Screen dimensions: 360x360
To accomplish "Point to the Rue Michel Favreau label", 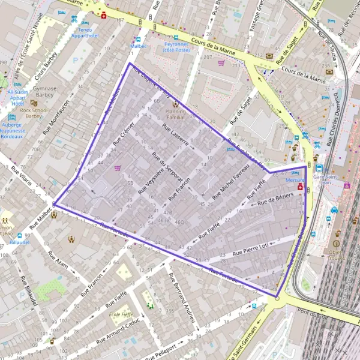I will point(222,181).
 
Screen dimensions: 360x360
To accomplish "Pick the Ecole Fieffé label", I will point(121,314).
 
